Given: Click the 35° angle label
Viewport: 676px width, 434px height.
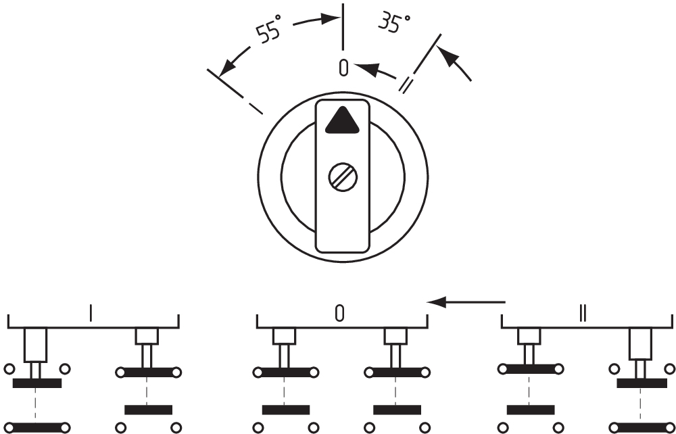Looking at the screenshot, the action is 394,23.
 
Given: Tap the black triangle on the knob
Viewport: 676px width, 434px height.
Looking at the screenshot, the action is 342,120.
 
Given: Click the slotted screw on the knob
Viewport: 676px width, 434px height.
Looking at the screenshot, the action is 343,177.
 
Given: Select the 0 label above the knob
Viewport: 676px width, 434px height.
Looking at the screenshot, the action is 343,68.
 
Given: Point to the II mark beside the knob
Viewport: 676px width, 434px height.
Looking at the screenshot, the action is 406,84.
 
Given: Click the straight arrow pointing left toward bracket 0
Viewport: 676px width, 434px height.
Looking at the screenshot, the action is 466,302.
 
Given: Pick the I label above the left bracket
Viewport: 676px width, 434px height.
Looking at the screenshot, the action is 91,313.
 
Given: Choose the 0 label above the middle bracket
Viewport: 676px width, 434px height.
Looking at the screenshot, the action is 340,313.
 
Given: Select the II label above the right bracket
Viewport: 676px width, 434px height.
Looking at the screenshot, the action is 583,313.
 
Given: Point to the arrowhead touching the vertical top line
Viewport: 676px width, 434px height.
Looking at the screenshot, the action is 331,18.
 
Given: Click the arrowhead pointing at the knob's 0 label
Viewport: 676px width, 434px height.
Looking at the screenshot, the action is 366,70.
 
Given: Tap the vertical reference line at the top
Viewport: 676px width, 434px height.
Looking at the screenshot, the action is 343,26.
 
